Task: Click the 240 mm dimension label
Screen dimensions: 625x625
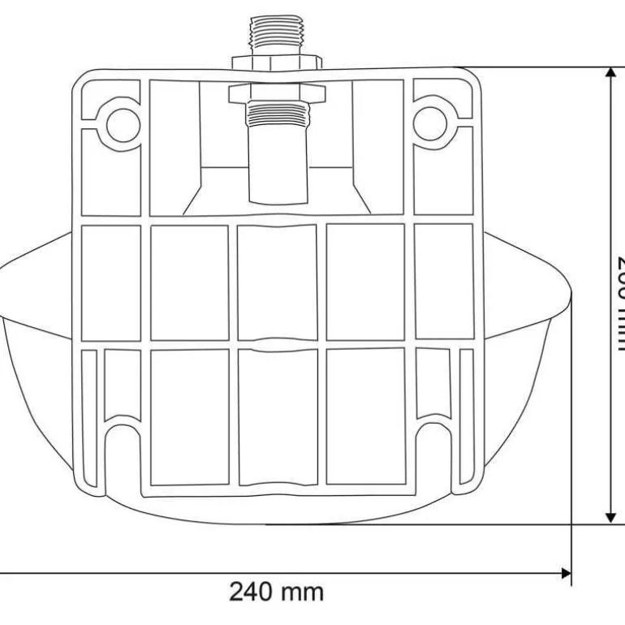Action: click(x=276, y=591)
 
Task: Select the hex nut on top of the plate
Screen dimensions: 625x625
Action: click(x=278, y=62)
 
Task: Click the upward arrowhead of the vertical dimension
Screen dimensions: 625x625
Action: click(x=610, y=75)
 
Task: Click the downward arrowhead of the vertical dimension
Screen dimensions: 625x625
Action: click(x=610, y=516)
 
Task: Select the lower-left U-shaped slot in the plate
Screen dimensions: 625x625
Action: click(x=123, y=455)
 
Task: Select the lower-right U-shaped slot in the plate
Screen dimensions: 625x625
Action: click(x=433, y=455)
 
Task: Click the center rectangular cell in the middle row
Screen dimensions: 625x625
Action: click(x=278, y=282)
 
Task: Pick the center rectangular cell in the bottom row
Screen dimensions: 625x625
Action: click(x=278, y=416)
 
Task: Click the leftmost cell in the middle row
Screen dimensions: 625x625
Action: click(x=111, y=282)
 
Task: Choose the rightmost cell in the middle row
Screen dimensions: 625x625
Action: click(x=444, y=282)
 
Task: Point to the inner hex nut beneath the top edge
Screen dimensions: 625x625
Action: click(x=278, y=93)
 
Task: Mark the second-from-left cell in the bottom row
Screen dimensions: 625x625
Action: click(x=190, y=416)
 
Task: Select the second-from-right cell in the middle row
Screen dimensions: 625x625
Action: click(x=365, y=282)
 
